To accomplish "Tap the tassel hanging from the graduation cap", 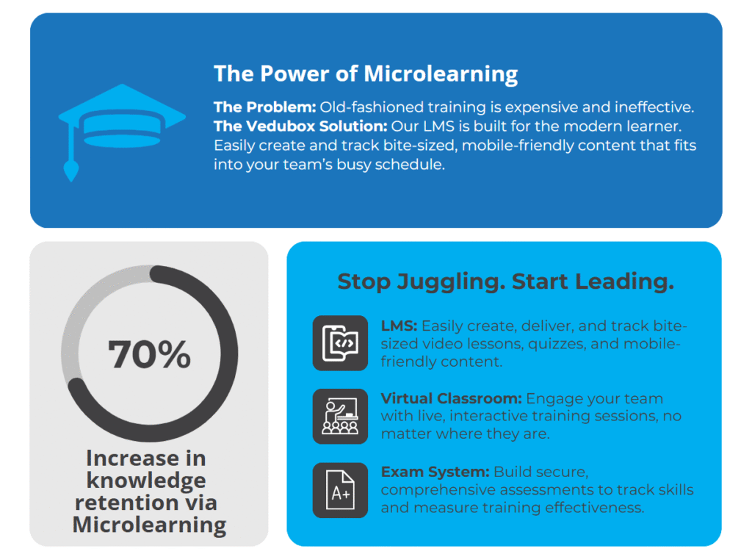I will click(71, 170).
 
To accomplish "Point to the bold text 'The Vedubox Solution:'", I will click(300, 126).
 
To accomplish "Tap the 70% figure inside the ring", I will click(149, 354).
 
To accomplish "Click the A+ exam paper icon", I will click(340, 490).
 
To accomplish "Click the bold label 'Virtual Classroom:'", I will click(451, 398).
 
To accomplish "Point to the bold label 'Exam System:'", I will click(435, 472).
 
